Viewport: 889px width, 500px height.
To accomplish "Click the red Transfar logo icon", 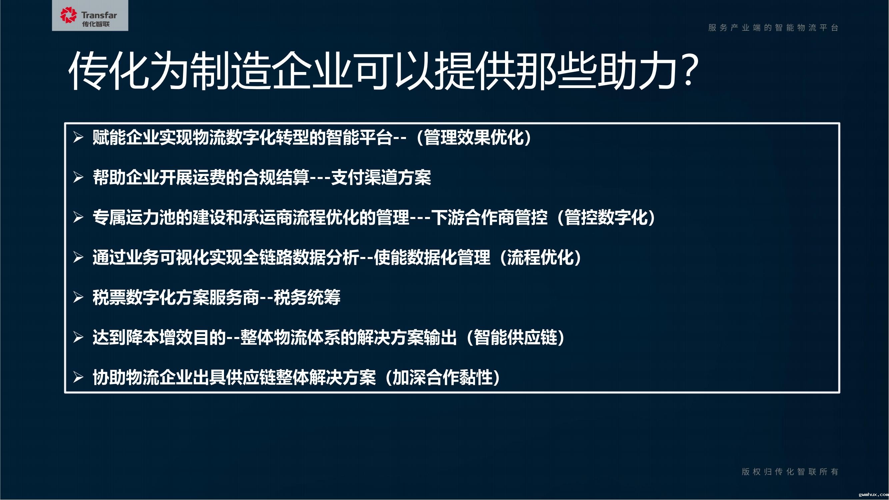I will (68, 15).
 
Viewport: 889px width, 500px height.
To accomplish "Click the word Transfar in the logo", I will (99, 15).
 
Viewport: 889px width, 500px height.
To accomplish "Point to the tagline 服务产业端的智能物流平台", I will (773, 28).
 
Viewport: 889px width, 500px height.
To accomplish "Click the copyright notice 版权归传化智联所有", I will (790, 472).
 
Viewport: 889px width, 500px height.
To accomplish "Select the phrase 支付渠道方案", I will (381, 178).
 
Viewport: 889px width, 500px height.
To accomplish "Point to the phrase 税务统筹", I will (307, 297).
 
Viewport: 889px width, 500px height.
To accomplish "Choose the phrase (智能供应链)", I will (516, 337).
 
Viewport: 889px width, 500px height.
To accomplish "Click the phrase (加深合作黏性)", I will (443, 378).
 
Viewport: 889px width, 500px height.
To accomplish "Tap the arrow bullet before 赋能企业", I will (78, 138).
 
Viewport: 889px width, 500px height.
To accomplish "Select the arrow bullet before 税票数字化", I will (78, 297).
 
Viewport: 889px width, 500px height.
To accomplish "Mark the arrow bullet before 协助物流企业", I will (78, 378).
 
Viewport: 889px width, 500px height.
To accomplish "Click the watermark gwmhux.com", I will (873, 494).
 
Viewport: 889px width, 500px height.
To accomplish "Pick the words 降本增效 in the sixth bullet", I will (159, 337).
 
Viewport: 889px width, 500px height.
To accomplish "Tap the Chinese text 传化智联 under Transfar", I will (96, 24).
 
